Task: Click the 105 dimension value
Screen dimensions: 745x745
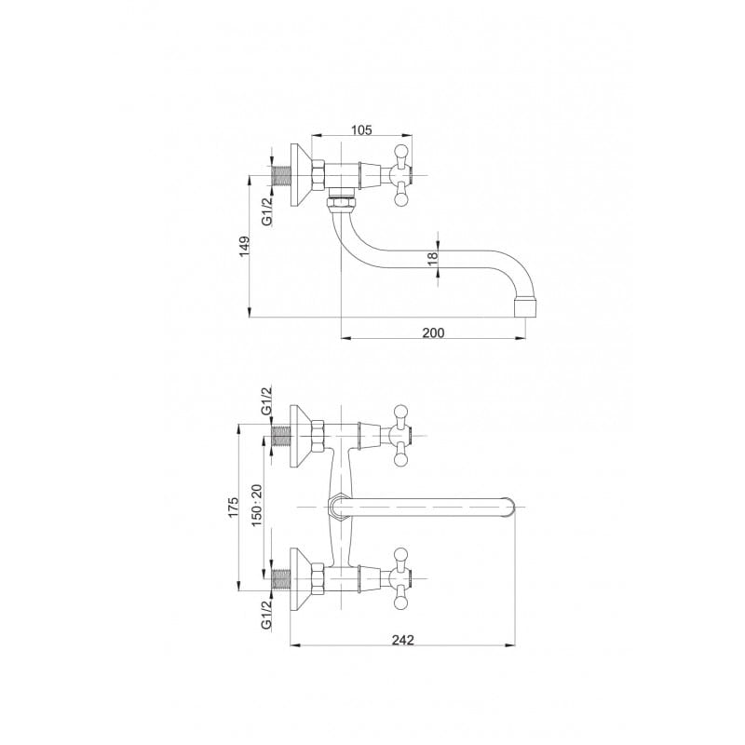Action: coord(361,129)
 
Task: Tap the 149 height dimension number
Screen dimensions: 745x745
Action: coord(244,247)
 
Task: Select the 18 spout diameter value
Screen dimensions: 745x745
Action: coord(432,259)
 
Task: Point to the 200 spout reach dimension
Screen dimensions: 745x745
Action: coord(433,332)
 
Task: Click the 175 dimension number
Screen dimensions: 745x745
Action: coord(234,508)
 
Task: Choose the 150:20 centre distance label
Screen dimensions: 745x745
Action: coord(257,505)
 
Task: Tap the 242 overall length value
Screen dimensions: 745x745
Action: coord(403,640)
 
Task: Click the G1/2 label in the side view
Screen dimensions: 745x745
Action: coord(267,212)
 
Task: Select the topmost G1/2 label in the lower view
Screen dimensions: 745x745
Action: coord(267,400)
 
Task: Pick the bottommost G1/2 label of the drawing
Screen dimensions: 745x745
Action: coord(267,614)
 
